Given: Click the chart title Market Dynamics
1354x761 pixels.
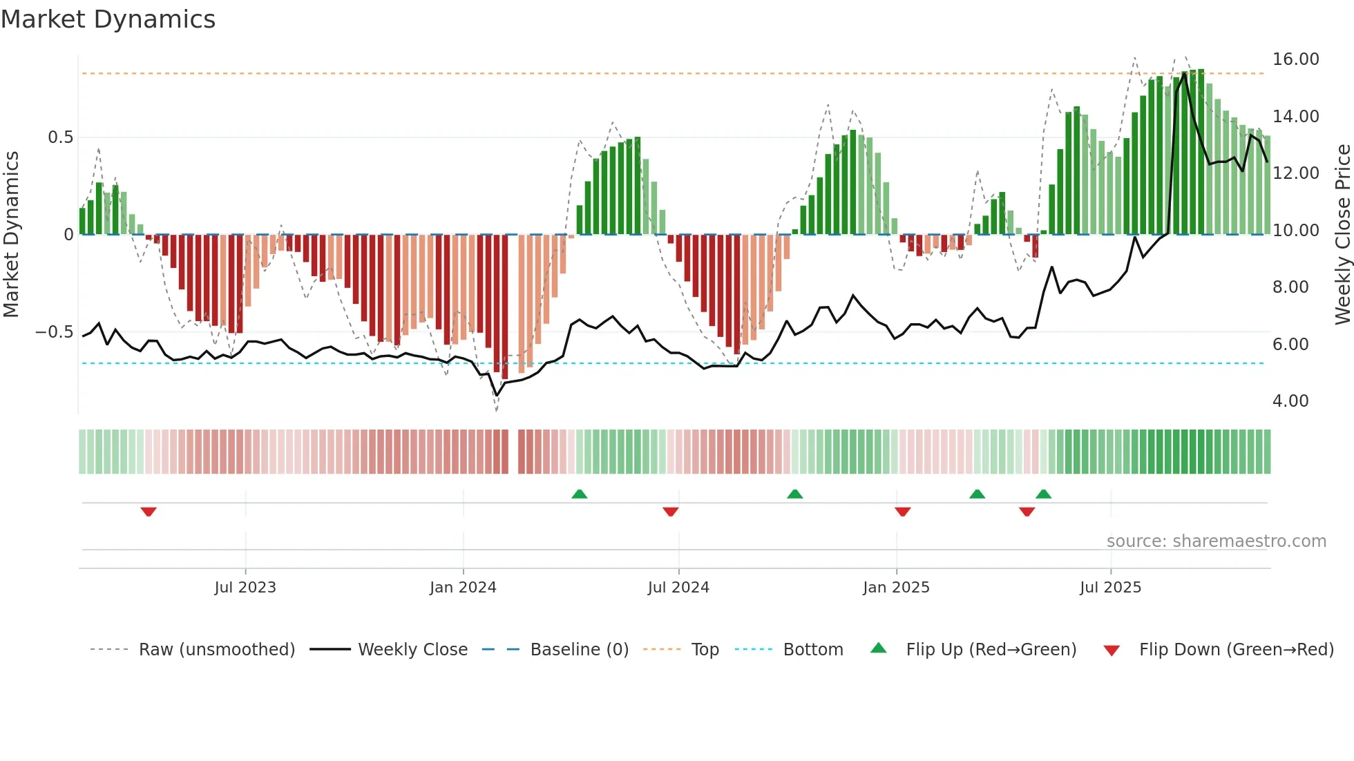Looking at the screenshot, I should coord(108,19).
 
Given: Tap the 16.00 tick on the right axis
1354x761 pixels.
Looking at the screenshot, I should coord(1295,59).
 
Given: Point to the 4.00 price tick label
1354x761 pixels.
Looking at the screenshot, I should coord(1290,401).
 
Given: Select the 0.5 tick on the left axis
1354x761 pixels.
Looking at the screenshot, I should coord(60,137).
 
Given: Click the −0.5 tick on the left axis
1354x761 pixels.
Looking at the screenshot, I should coord(55,332).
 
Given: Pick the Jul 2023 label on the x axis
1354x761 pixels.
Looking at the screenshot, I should coord(245,588).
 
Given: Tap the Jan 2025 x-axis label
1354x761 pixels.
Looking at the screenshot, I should coord(895,588).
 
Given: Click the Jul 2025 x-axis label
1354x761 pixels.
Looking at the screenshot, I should coord(1110,588).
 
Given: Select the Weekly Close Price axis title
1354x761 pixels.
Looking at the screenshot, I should coord(1342,235).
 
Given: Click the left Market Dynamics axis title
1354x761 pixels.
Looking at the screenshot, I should coord(11,235).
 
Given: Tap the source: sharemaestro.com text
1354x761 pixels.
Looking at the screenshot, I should coord(1216,541).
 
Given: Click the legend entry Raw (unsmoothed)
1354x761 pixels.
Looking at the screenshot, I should coord(216,650).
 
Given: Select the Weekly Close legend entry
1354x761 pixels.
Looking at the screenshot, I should coord(412,650).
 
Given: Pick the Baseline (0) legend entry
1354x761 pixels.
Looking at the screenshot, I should coord(579,650).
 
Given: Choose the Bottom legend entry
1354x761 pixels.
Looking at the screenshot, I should coord(812,650).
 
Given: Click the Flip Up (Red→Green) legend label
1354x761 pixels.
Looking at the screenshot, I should coord(991,650).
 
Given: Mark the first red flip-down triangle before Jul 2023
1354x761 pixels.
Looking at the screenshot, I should coord(149,512).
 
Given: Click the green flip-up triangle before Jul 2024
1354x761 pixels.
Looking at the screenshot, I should coord(580,494).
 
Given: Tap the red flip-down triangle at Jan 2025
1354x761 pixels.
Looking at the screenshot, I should coord(902,512).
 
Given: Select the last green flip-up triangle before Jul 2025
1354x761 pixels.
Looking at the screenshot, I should coord(1043,494).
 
